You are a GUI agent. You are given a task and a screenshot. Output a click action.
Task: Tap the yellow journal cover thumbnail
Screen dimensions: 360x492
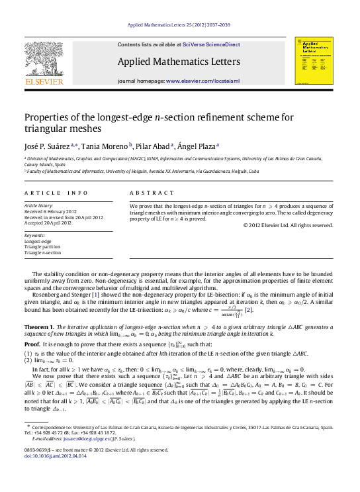(x=314, y=60)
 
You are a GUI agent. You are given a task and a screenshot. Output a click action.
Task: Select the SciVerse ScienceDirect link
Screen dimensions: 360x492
(x=210, y=44)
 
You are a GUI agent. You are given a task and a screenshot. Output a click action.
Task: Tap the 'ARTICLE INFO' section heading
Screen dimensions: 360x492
(x=56, y=193)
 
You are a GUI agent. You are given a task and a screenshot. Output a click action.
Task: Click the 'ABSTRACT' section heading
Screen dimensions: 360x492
(x=152, y=193)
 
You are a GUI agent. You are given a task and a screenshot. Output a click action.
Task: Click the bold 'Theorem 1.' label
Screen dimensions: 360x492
(x=39, y=327)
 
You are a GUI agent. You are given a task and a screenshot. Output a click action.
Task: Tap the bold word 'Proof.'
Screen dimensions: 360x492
(x=32, y=345)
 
